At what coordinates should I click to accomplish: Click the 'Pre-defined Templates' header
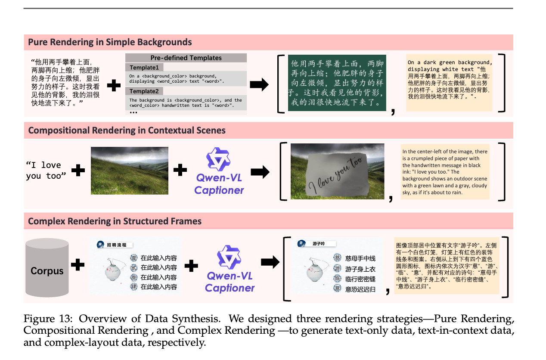(186, 58)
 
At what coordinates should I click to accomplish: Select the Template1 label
(144, 68)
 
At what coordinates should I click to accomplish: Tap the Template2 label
(144, 91)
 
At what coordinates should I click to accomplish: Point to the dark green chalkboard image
(337, 83)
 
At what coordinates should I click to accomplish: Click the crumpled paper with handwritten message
(337, 171)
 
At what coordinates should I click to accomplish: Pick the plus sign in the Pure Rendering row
(114, 85)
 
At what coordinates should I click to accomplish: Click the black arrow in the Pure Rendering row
(259, 85)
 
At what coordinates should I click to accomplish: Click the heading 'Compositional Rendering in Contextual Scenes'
(127, 130)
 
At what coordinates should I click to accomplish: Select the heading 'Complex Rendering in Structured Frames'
(115, 221)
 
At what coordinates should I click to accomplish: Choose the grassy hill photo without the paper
(129, 171)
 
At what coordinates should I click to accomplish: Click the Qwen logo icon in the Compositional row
(219, 160)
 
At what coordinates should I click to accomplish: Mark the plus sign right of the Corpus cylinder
(78, 264)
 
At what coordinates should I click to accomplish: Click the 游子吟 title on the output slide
(318, 244)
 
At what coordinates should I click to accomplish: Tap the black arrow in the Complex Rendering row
(270, 262)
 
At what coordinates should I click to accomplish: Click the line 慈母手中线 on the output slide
(360, 258)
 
